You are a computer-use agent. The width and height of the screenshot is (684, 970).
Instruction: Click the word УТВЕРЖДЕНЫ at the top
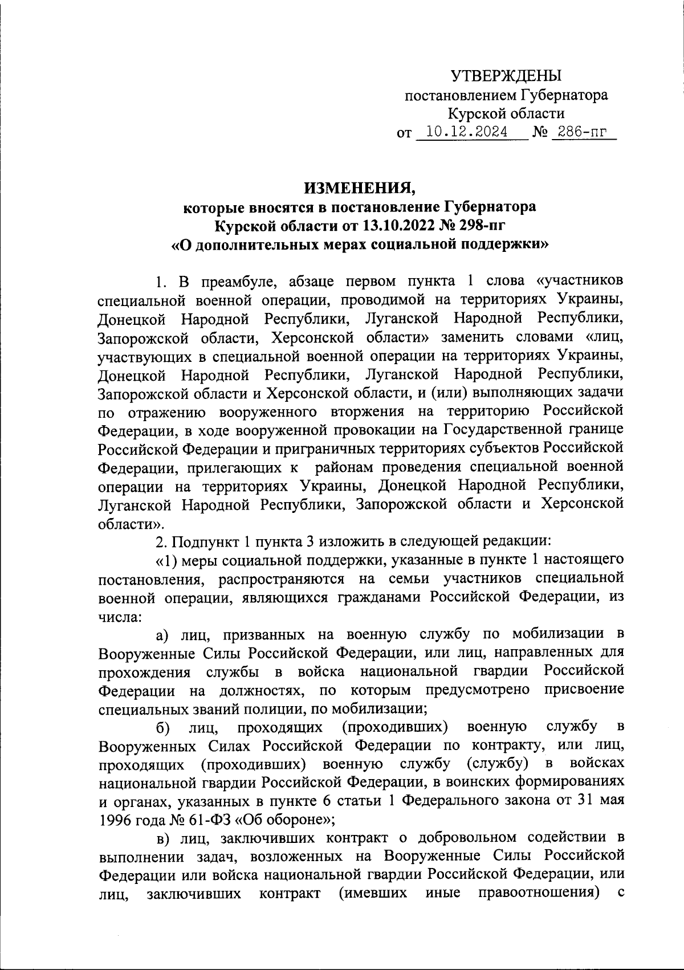pos(506,76)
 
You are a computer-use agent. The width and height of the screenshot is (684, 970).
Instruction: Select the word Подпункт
pos(201,540)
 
